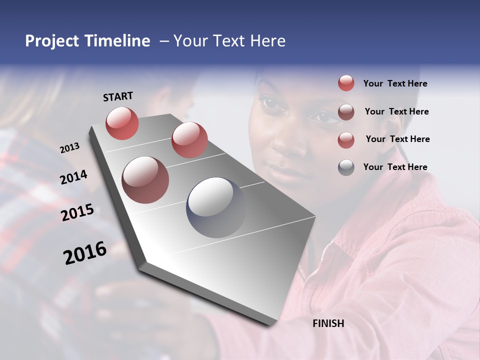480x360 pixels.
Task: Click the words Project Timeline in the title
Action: [87, 41]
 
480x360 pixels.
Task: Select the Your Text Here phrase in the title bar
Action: [229, 41]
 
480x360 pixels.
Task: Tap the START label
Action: [118, 96]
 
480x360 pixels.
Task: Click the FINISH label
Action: [328, 323]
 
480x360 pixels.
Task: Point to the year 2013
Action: [69, 148]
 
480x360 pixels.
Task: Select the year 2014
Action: [73, 177]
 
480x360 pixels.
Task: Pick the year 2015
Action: [77, 212]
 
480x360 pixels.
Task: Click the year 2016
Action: [85, 253]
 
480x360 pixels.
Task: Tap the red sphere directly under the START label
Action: [122, 123]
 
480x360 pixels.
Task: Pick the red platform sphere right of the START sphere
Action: [189, 140]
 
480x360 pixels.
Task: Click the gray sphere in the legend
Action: [346, 167]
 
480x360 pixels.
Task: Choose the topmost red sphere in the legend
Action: [346, 83]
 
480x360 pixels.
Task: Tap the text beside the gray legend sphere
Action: [395, 167]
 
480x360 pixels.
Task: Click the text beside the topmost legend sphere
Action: [395, 83]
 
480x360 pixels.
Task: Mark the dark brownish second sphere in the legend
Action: [346, 112]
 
